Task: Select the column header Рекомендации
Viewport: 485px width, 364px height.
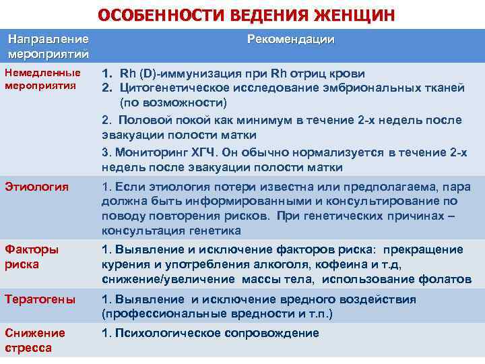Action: [x=290, y=40]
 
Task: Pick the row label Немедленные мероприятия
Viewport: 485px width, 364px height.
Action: [x=42, y=80]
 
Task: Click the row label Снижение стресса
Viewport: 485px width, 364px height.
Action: [x=35, y=339]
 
